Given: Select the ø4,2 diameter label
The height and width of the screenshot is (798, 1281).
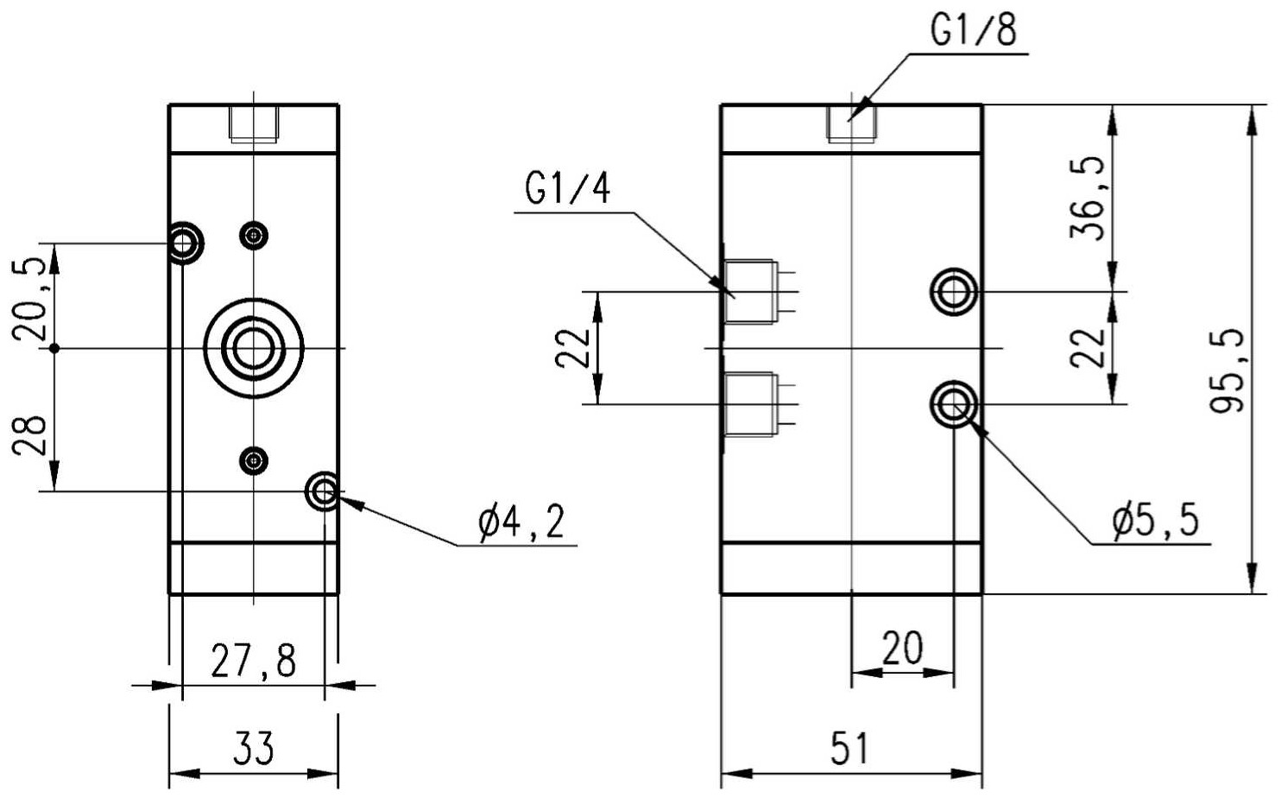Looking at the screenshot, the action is point(522,522).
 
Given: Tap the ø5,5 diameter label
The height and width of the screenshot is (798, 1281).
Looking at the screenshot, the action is point(1155,522).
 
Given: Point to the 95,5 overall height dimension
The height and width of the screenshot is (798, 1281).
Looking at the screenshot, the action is point(1227,370).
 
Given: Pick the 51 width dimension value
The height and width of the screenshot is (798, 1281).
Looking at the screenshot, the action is point(849,748).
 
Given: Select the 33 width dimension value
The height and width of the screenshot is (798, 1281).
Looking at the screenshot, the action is point(254,748).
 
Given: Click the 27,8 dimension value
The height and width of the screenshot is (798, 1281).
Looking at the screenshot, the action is point(254,662).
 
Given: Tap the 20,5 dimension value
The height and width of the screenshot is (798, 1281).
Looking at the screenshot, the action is point(29,300).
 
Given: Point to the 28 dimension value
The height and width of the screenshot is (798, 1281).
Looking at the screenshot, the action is point(29,434).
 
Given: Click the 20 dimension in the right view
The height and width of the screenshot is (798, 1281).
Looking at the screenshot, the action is point(902,649).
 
